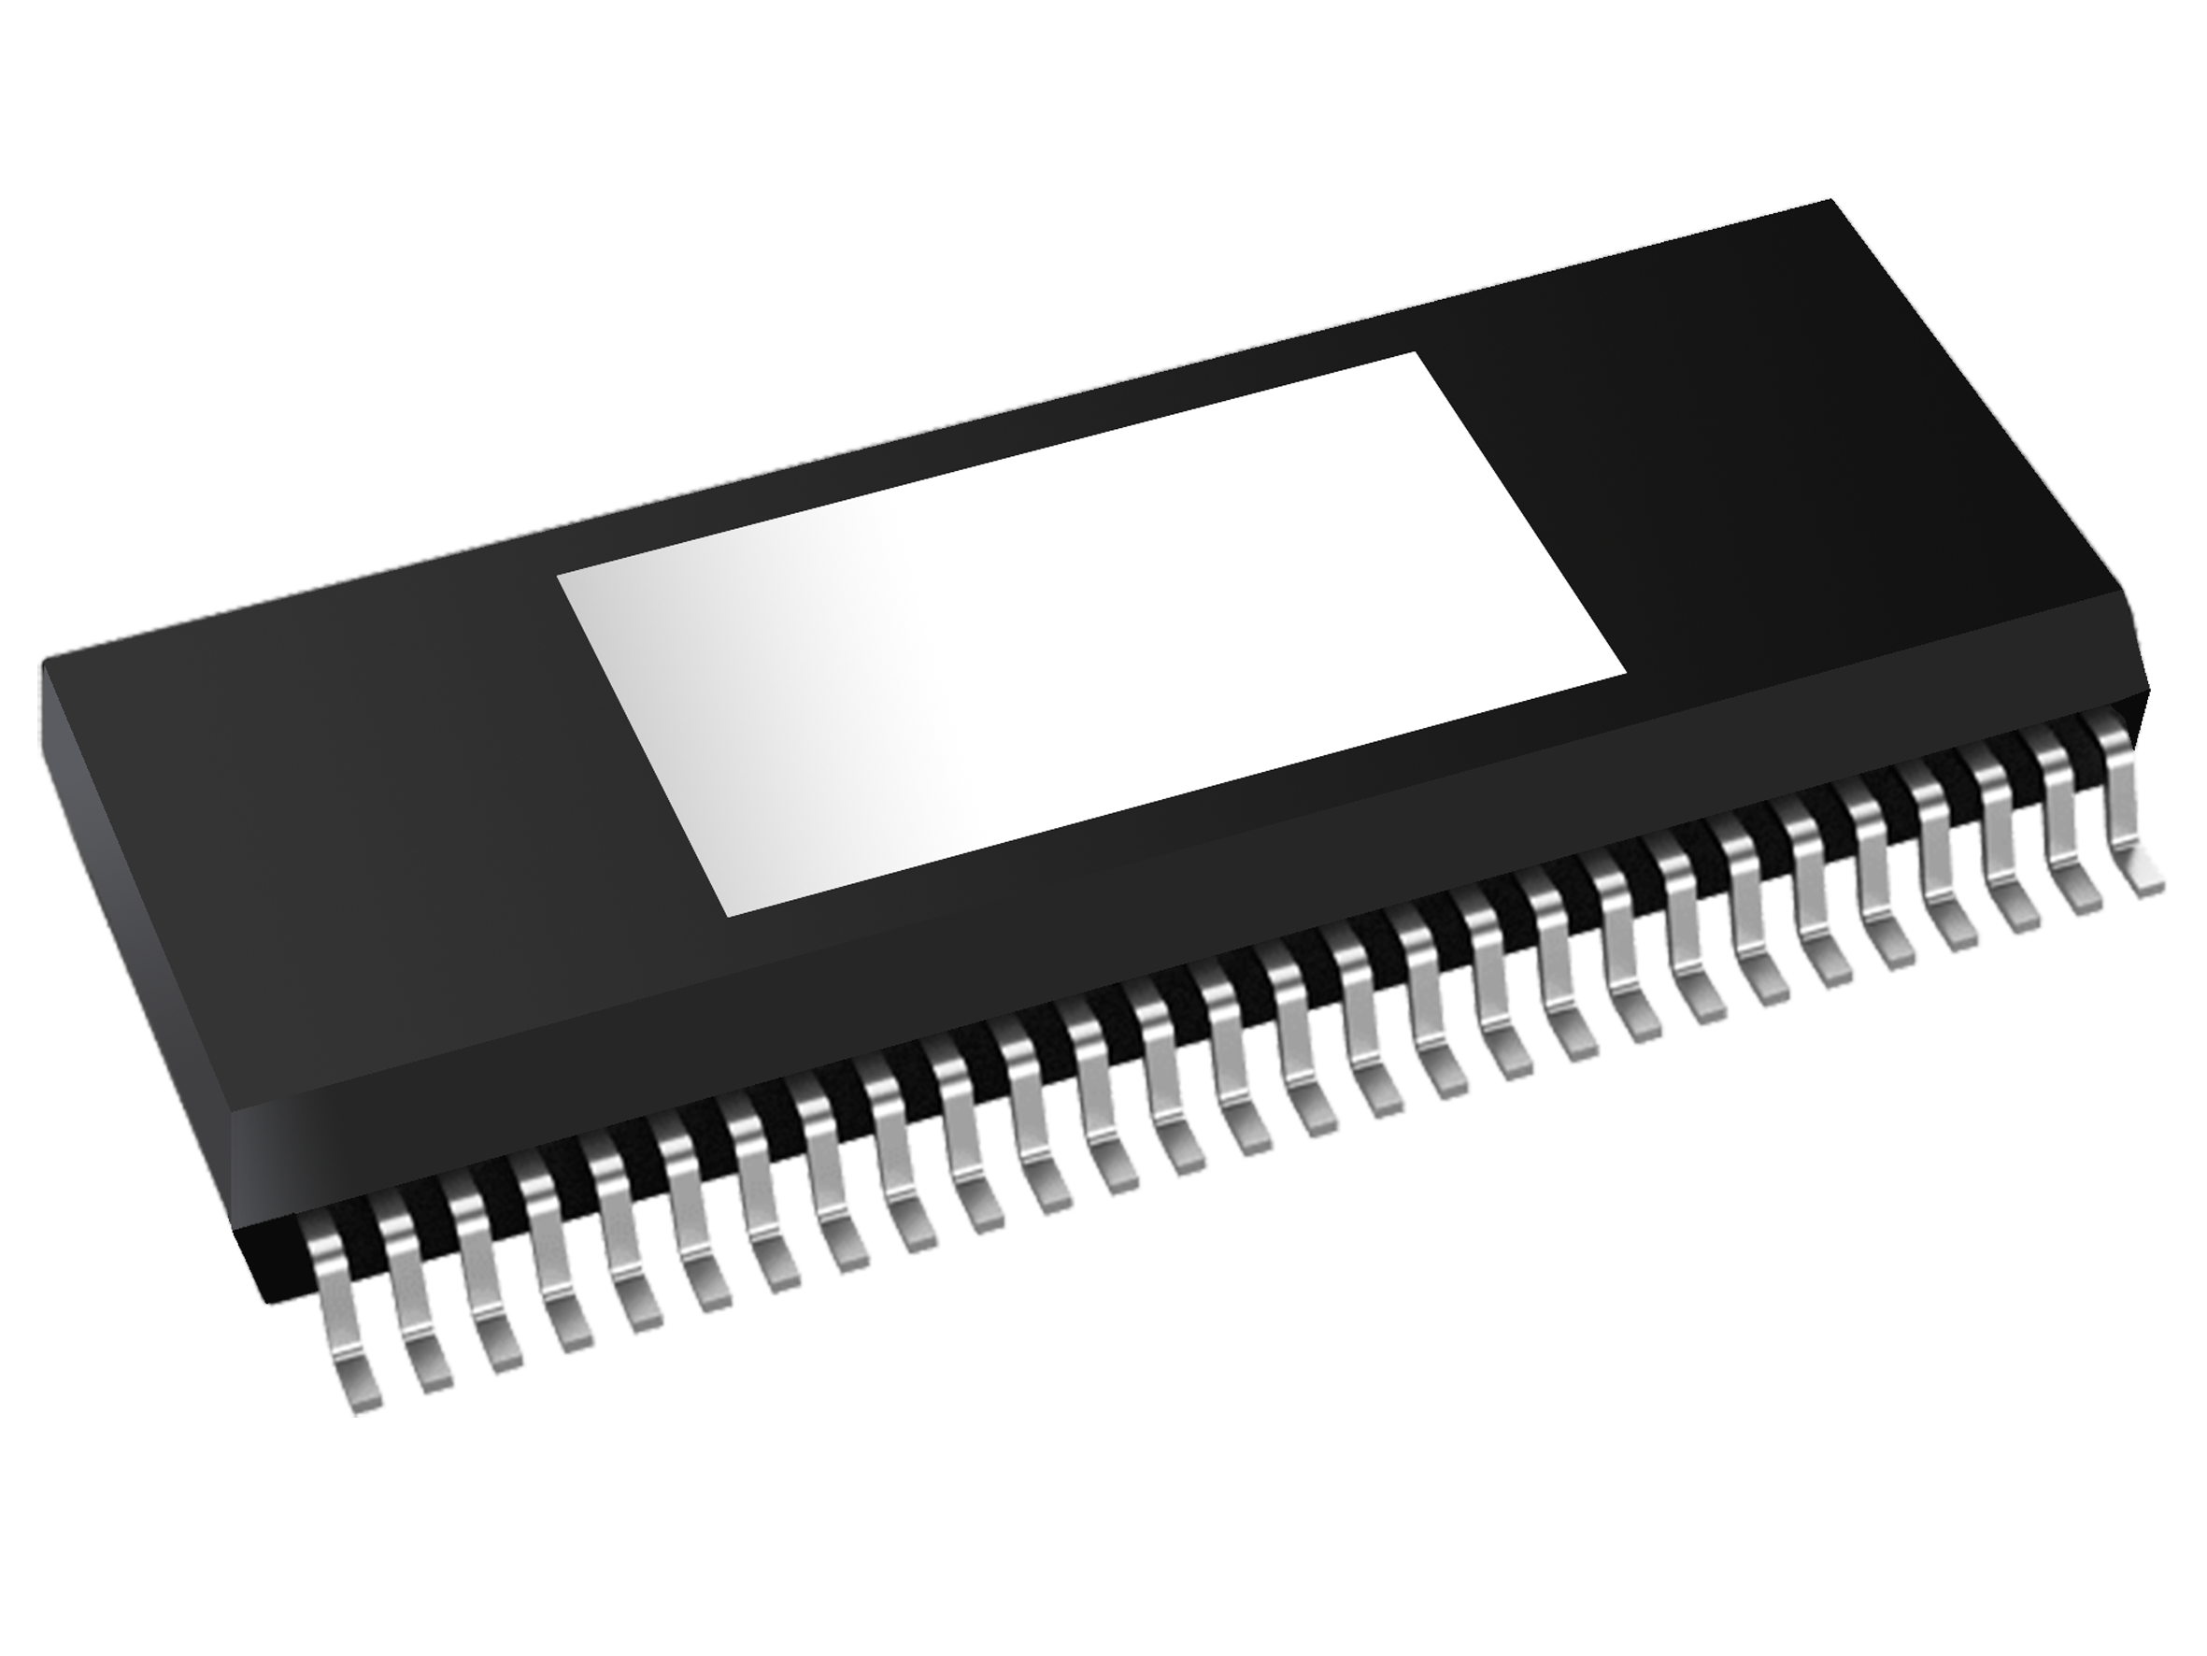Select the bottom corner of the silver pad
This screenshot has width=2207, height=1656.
[x=726, y=914]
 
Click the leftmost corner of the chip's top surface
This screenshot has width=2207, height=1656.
[x=42, y=666]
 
